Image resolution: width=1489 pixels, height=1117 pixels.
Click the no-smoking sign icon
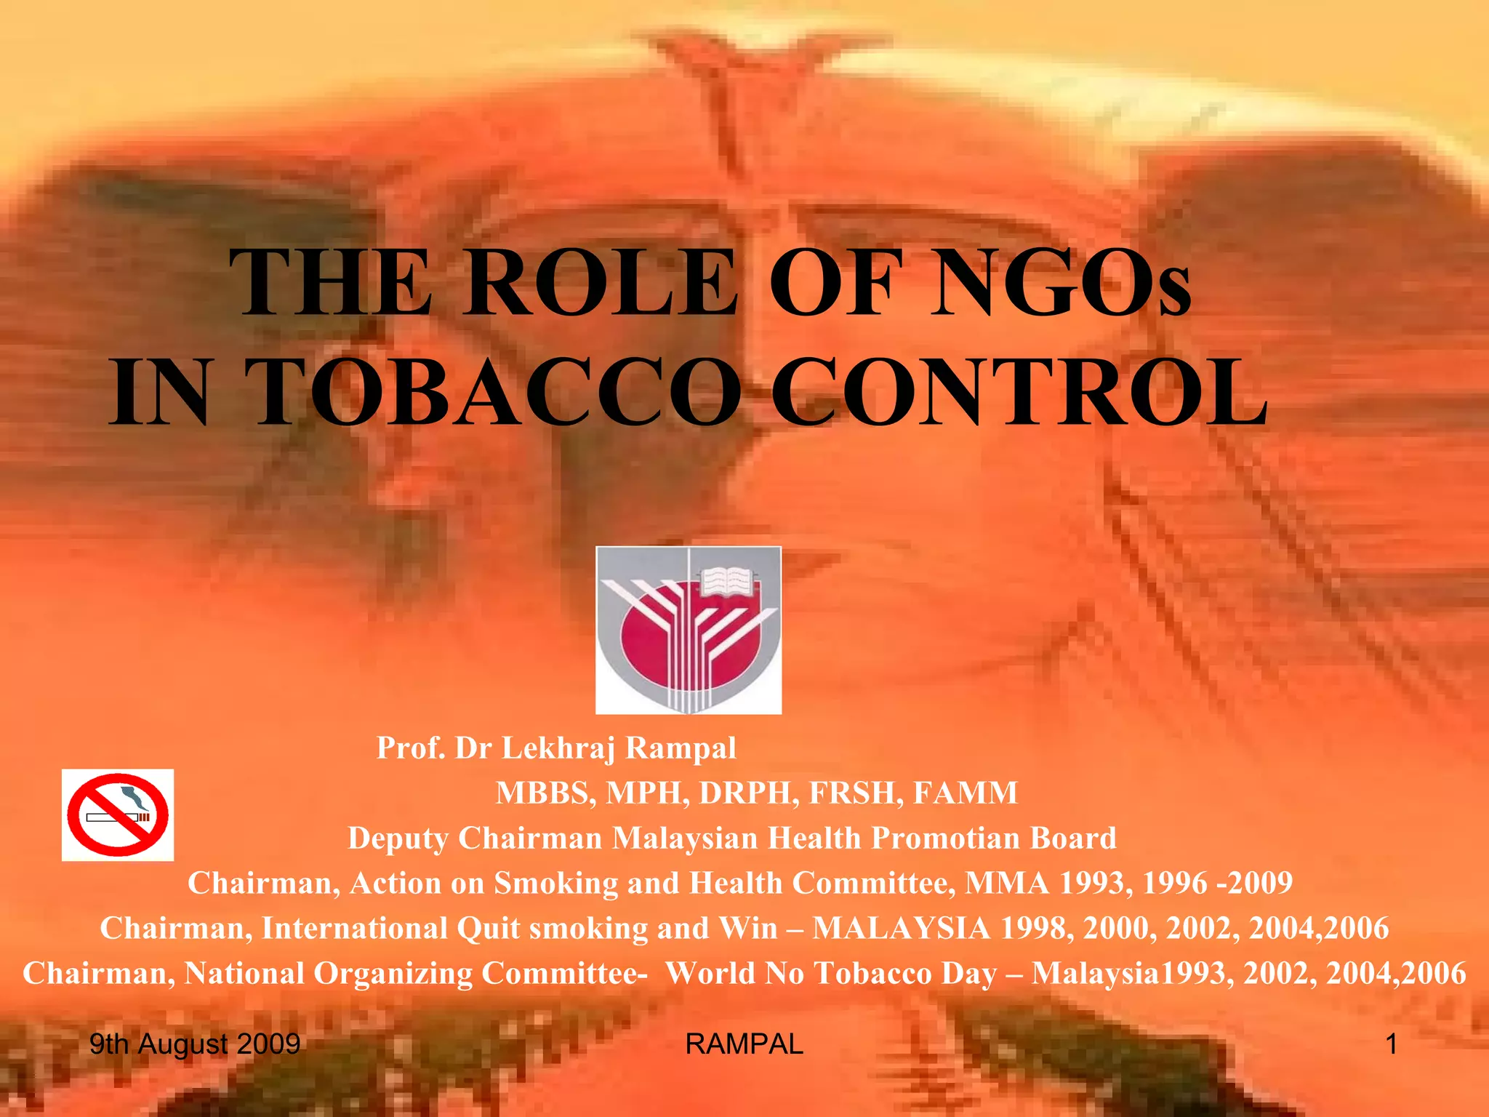(118, 815)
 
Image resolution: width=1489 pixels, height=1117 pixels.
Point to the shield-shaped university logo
(689, 630)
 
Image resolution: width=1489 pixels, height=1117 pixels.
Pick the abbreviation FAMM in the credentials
(965, 793)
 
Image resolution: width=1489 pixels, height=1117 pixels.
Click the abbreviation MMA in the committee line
(1007, 884)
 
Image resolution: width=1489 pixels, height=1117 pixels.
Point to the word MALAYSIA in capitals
(901, 929)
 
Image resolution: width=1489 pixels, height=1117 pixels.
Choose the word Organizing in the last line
(393, 974)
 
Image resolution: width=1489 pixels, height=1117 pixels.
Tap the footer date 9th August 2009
(195, 1044)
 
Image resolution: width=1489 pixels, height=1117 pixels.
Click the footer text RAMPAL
(744, 1044)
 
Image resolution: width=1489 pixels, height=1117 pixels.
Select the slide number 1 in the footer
(1391, 1044)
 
